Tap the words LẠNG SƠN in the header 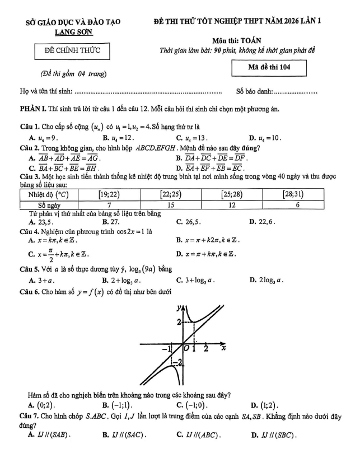point(70,33)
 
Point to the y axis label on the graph point(179,307)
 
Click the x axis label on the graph point(223,348)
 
